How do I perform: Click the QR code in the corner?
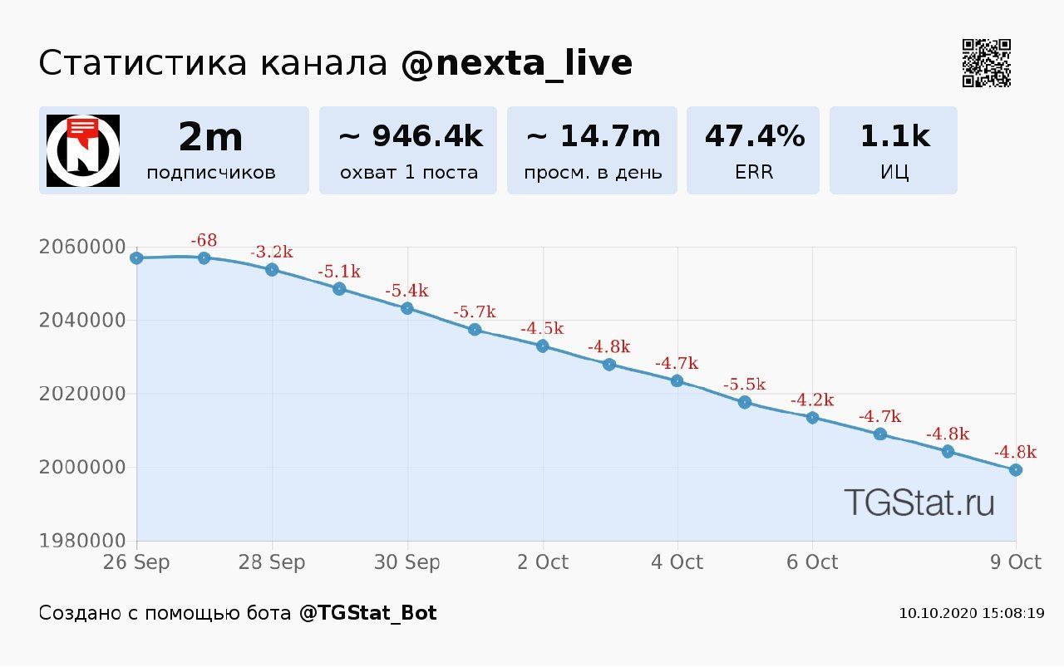[x=987, y=63]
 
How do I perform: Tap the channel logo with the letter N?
[x=83, y=150]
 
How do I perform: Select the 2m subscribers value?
[x=210, y=137]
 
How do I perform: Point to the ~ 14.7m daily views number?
[x=593, y=136]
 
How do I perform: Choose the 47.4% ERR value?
[x=754, y=136]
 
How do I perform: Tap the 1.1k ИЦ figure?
[x=894, y=136]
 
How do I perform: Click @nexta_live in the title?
[x=516, y=63]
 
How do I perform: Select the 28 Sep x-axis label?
[x=272, y=562]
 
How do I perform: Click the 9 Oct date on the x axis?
[x=1015, y=562]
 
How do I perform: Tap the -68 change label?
[x=204, y=241]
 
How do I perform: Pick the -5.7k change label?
[x=475, y=312]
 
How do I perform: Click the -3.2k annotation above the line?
[x=272, y=253]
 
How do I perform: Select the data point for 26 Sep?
[x=137, y=258]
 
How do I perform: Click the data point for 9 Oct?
[x=1015, y=470]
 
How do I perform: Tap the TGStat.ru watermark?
[x=919, y=503]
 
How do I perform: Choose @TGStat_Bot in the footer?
[x=367, y=613]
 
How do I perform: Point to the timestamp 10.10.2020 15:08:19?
[x=971, y=614]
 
